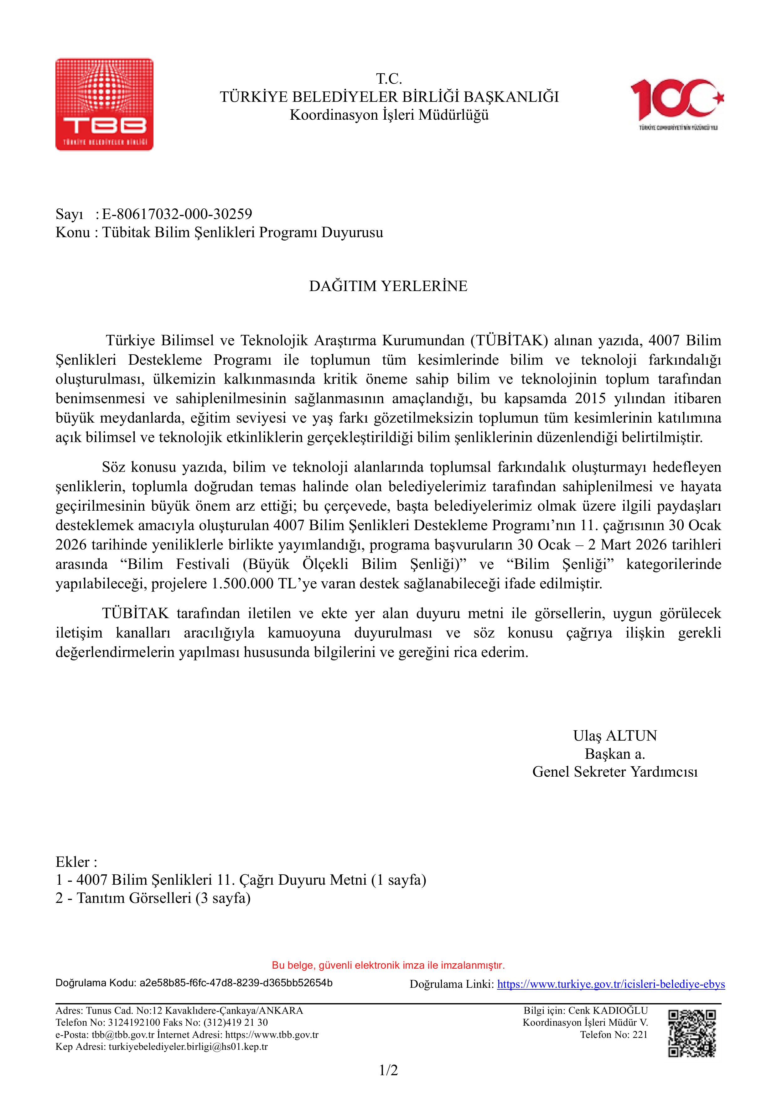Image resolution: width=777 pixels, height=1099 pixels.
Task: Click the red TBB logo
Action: [104, 104]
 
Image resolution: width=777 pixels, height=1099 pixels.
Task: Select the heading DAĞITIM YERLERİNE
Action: [388, 286]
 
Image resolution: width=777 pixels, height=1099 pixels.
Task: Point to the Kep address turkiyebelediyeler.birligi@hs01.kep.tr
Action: [188, 1046]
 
